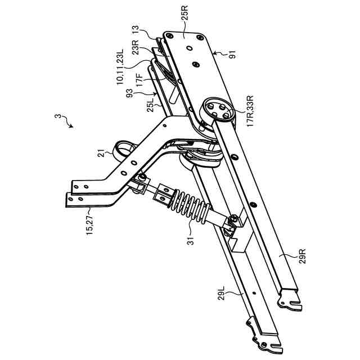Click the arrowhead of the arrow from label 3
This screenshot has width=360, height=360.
click(x=71, y=127)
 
